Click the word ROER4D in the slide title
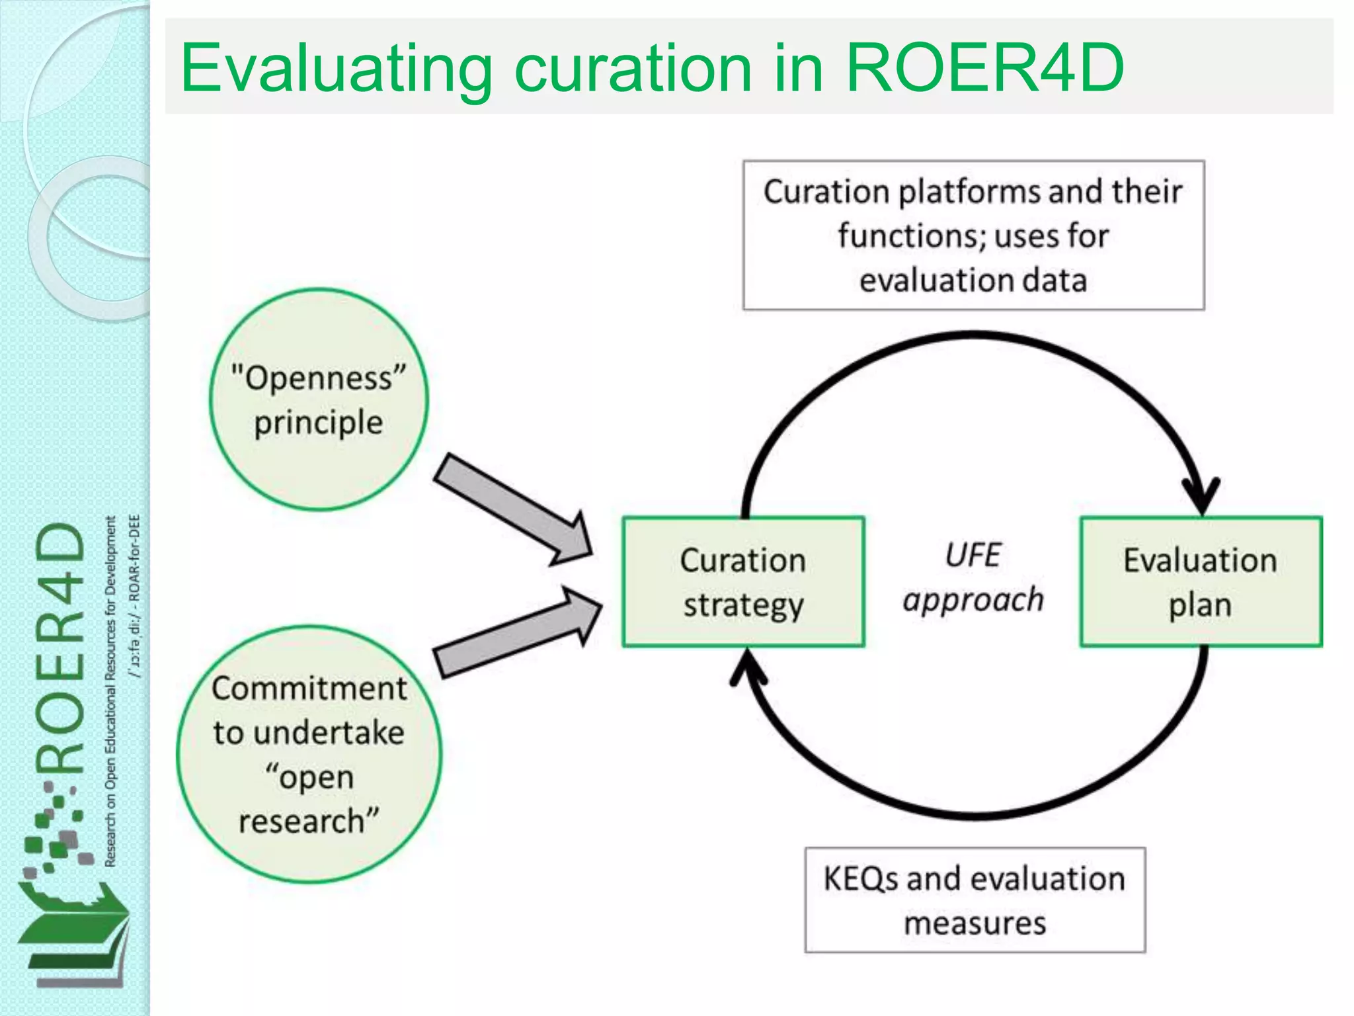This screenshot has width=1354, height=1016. (x=985, y=67)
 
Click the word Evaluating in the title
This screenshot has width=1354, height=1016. (x=336, y=69)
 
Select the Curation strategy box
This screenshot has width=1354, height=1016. (x=743, y=581)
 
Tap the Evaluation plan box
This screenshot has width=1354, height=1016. (x=1200, y=581)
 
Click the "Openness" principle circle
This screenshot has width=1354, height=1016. (x=319, y=400)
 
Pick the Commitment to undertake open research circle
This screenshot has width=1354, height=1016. (x=309, y=754)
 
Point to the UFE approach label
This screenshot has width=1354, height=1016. (x=973, y=577)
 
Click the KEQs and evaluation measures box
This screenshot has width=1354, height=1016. (x=975, y=900)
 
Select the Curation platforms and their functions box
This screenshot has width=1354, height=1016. (x=973, y=235)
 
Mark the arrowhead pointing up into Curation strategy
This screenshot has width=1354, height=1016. (x=748, y=665)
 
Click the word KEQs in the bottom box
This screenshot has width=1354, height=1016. (x=861, y=879)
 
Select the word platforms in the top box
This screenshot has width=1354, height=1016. (x=969, y=192)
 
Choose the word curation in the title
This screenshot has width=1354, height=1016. (x=633, y=69)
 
